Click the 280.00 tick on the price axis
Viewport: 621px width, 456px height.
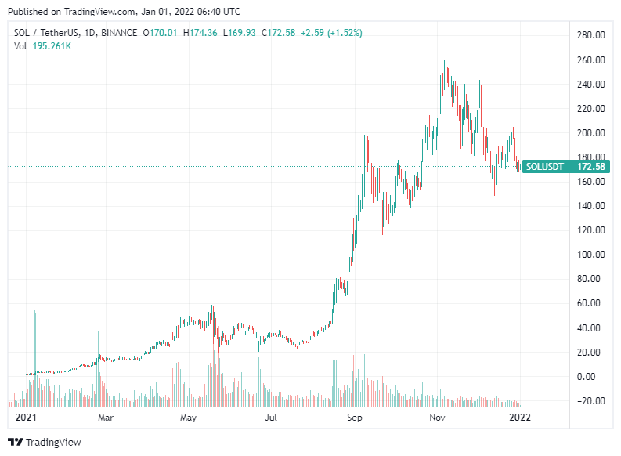(x=590, y=36)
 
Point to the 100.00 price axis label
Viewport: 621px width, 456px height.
(x=590, y=255)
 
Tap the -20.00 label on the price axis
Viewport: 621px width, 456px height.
(x=590, y=401)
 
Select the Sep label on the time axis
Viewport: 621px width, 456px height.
(x=356, y=418)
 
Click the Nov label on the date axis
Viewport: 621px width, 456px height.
(x=437, y=418)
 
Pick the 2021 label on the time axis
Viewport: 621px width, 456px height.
(x=27, y=418)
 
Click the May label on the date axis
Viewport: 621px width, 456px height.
(x=187, y=418)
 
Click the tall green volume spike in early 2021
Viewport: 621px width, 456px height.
(x=35, y=345)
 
